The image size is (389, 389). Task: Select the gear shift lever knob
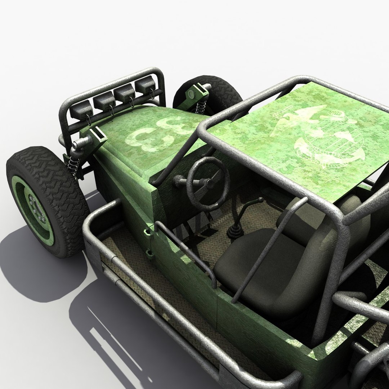(259, 200)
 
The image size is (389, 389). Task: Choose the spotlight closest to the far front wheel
(146, 85)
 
